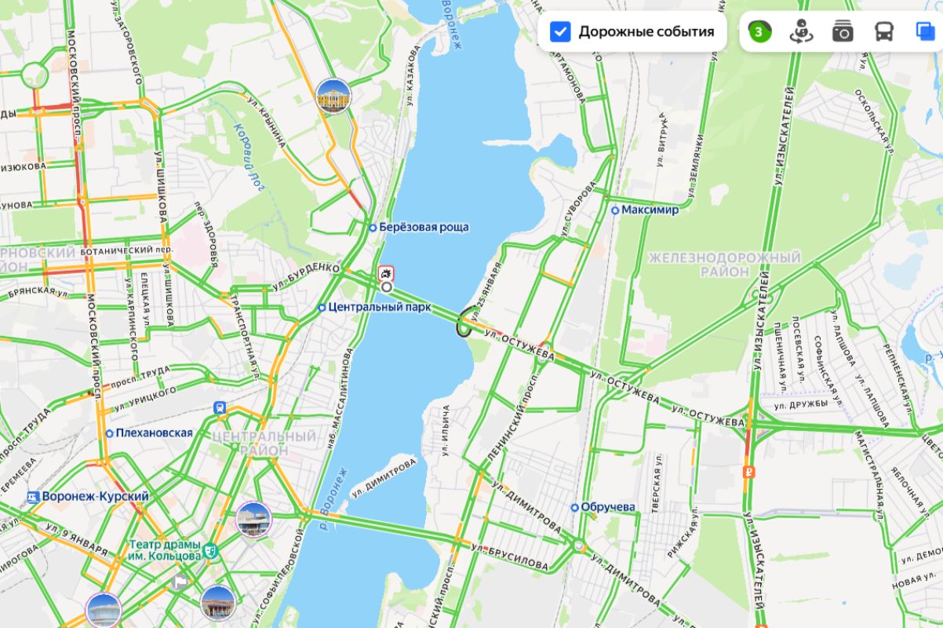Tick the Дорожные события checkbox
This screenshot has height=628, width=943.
pyautogui.click(x=560, y=31)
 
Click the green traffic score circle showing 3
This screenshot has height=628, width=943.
pyautogui.click(x=759, y=31)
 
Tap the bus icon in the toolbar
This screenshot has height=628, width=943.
pyautogui.click(x=884, y=31)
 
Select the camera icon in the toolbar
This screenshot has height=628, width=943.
pyautogui.click(x=843, y=31)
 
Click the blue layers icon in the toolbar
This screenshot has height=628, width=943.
pyautogui.click(x=925, y=31)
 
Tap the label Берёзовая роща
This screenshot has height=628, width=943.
pyautogui.click(x=424, y=228)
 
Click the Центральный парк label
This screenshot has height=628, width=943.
pyautogui.click(x=380, y=307)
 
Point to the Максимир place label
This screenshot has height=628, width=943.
pyautogui.click(x=650, y=210)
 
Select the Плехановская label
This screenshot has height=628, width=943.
pyautogui.click(x=154, y=433)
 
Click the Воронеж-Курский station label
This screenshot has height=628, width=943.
pyautogui.click(x=95, y=497)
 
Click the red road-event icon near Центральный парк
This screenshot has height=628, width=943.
pyautogui.click(x=385, y=273)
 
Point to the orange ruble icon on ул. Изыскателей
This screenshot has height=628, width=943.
pyautogui.click(x=749, y=472)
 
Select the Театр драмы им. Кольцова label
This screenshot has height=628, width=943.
pyautogui.click(x=165, y=550)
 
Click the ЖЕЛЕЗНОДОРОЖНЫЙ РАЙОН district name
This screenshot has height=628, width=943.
pyautogui.click(x=725, y=265)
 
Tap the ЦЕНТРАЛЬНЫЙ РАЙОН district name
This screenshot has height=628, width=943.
pyautogui.click(x=264, y=443)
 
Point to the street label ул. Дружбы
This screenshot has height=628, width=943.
pyautogui.click(x=801, y=404)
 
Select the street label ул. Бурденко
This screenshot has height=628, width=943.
pyautogui.click(x=306, y=276)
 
